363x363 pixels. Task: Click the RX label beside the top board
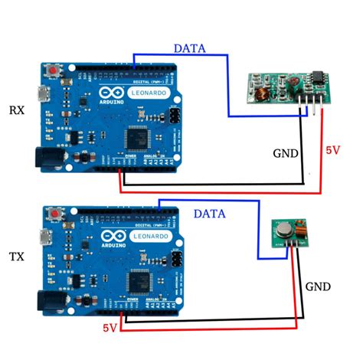pyautogui.click(x=16, y=110)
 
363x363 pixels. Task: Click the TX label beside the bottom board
pyautogui.click(x=16, y=254)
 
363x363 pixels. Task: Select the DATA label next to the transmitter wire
pyautogui.click(x=208, y=213)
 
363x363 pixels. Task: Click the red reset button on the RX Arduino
pyautogui.click(x=54, y=72)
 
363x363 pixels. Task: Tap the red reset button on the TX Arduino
pyautogui.click(x=54, y=217)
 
